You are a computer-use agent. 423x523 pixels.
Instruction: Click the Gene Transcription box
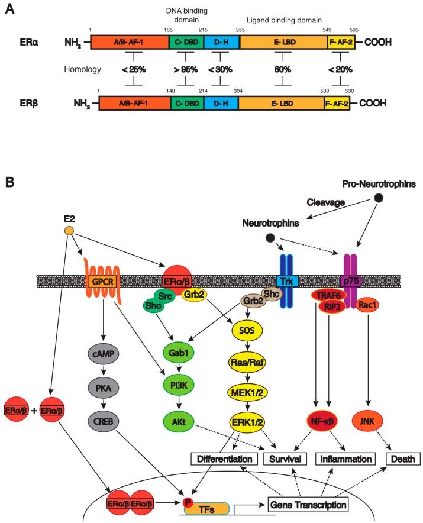[x=307, y=504]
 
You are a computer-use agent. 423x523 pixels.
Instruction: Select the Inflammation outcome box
[x=345, y=459]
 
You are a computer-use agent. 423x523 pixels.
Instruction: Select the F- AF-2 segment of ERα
[x=340, y=43]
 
